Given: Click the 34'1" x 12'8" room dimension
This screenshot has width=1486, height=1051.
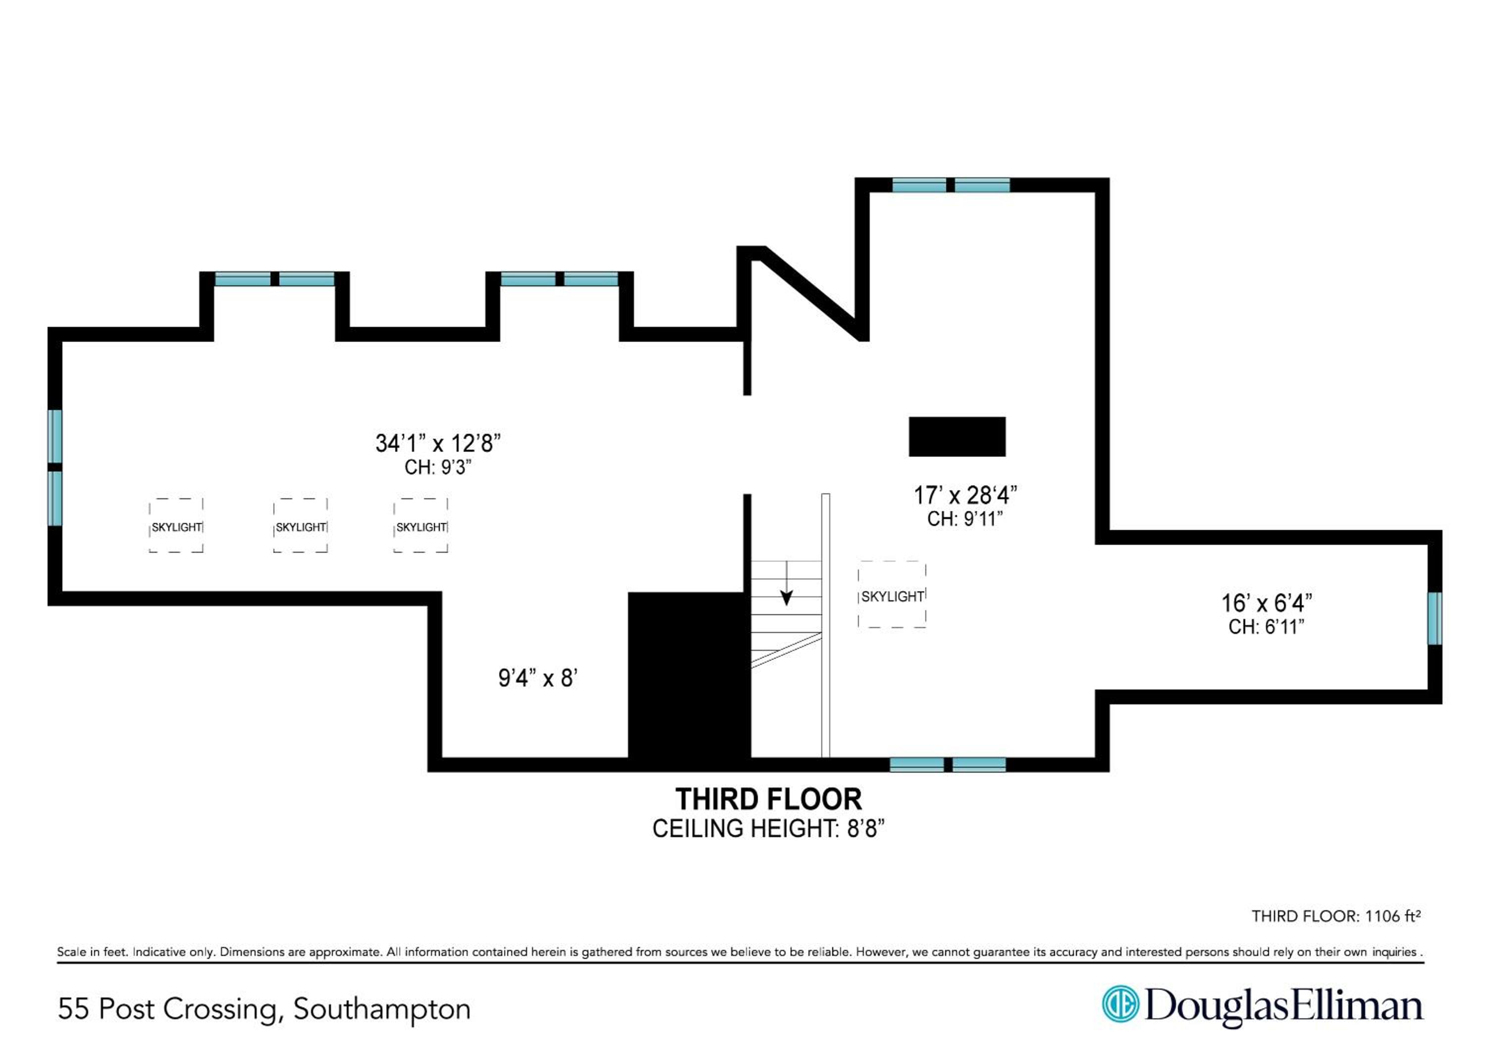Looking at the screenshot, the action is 438,443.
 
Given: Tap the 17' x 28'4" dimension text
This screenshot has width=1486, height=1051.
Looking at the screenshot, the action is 965,496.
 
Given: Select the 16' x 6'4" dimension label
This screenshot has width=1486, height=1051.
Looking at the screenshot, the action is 1266,603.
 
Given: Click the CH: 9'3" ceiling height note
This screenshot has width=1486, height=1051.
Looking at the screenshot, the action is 438,467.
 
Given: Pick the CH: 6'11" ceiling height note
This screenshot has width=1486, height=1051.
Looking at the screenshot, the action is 1266,627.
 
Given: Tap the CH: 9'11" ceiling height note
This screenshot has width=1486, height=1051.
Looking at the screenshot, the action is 965,519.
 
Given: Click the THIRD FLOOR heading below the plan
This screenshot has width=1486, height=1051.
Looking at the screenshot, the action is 768,800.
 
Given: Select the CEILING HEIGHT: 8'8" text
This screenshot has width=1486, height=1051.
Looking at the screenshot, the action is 768,829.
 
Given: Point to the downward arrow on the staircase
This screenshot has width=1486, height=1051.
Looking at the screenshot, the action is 787,582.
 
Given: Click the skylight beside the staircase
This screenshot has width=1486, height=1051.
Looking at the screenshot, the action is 892,595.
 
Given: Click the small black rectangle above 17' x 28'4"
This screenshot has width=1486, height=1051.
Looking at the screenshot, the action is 957,437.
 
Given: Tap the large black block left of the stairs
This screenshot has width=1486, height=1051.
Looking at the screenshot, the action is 690,675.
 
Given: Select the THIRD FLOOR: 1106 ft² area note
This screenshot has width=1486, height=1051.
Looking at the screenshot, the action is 1336,916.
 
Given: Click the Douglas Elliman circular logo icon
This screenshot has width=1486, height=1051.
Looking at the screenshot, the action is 1120,1004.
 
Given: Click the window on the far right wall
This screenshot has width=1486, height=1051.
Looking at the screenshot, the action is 1435,619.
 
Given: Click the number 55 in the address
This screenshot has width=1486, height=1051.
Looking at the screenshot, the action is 73,1009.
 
